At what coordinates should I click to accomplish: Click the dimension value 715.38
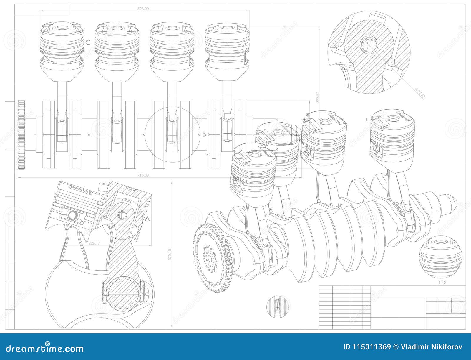click(143, 175)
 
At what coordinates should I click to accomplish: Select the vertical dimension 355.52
click(317, 97)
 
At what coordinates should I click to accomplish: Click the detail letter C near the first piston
click(88, 42)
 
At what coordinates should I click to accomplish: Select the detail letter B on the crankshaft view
click(204, 134)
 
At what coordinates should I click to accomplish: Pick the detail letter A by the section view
click(148, 219)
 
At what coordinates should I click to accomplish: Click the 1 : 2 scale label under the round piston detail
click(442, 283)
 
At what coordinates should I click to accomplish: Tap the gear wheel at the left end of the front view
click(21, 135)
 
